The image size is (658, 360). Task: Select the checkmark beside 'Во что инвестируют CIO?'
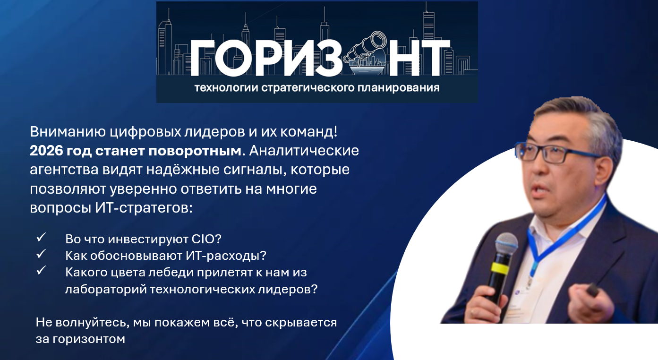(41, 237)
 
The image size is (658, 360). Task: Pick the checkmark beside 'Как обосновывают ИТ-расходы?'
(41, 254)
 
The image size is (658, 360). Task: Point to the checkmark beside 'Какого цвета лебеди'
(41, 271)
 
